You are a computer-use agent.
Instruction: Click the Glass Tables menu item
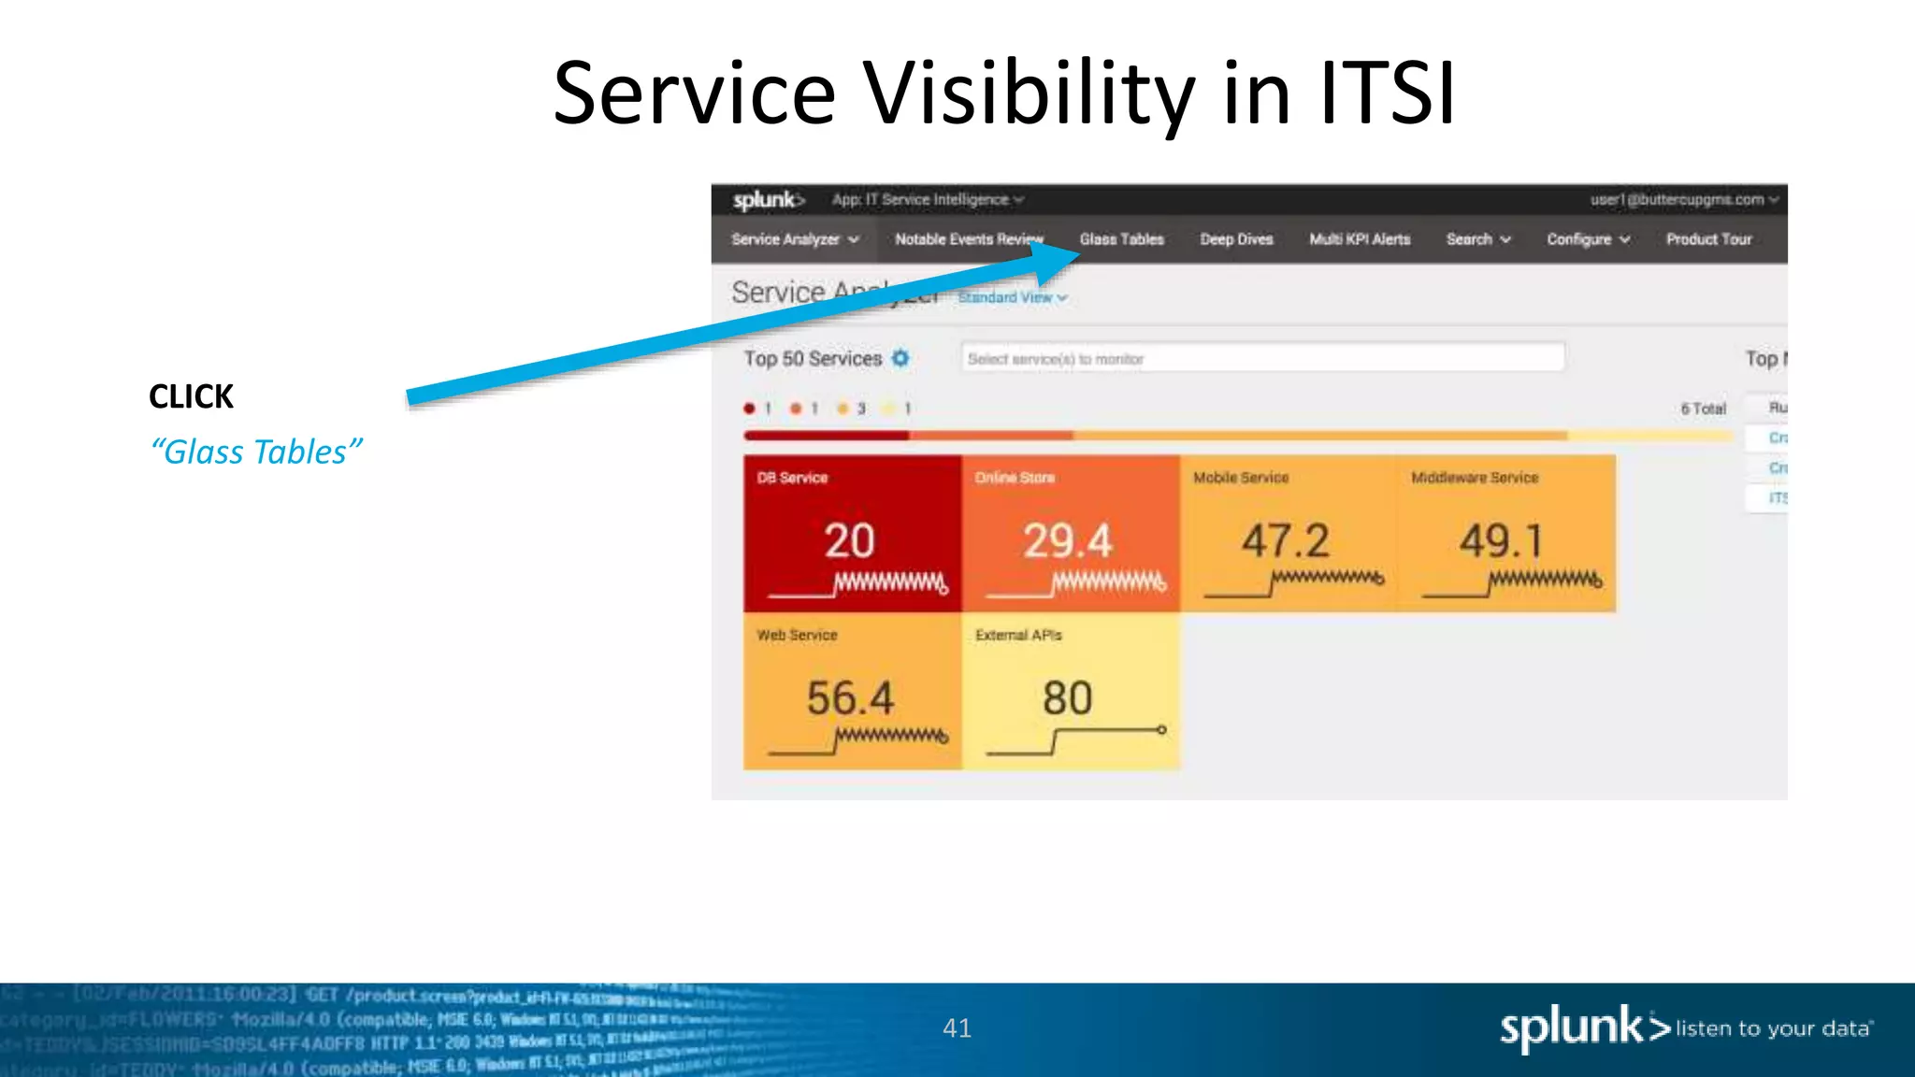(1121, 239)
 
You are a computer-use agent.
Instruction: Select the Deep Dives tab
(1236, 239)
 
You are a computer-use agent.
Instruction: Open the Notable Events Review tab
(968, 239)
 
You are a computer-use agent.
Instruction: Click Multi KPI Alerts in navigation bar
(1359, 239)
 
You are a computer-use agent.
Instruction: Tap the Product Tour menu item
(1708, 239)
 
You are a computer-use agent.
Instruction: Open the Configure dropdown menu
(1588, 239)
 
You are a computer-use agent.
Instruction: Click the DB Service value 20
(849, 541)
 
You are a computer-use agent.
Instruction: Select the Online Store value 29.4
(1067, 541)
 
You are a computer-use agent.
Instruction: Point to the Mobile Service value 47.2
(1285, 541)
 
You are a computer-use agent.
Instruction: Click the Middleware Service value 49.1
(1502, 541)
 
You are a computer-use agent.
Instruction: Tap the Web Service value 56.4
(850, 698)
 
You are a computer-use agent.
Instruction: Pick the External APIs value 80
(1067, 698)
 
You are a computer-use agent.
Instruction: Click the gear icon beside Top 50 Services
(900, 358)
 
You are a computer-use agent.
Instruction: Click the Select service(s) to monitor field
(1262, 358)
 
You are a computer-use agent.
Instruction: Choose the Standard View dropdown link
(1012, 297)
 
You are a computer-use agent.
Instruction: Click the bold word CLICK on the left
(191, 396)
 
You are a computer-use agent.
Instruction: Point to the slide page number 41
(957, 1028)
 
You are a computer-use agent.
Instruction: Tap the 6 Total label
(1703, 409)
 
